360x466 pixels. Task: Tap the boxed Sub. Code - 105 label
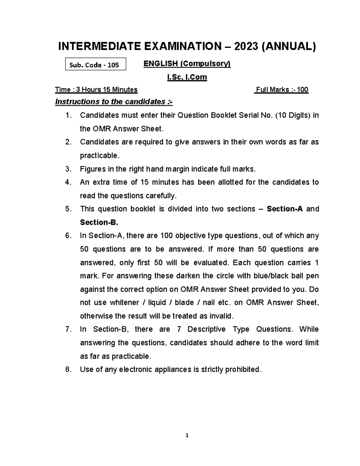click(x=95, y=65)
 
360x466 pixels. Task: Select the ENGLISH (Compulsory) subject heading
click(x=187, y=64)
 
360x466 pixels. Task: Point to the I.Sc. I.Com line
click(x=187, y=77)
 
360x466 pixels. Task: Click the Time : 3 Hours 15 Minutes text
click(x=96, y=90)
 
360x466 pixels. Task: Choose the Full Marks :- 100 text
click(x=281, y=90)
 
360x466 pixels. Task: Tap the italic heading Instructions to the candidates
click(x=114, y=102)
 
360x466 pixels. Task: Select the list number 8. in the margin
click(x=68, y=370)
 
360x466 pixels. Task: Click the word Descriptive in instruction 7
click(x=206, y=329)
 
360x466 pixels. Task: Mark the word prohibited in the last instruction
click(x=243, y=370)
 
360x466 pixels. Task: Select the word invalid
click(x=222, y=316)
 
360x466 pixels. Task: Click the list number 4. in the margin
click(x=68, y=182)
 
